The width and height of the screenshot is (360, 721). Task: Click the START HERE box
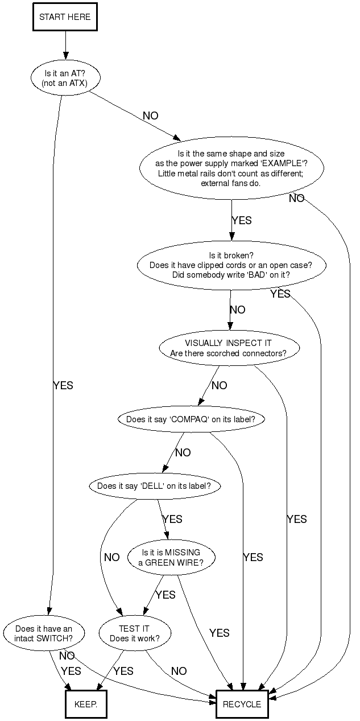[64, 17]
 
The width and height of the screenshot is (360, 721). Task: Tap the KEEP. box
[86, 704]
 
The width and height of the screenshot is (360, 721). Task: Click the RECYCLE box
[242, 704]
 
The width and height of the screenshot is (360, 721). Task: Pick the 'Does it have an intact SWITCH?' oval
[44, 633]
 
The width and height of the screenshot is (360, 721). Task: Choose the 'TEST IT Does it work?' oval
[135, 633]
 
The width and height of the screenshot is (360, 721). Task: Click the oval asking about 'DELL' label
[154, 486]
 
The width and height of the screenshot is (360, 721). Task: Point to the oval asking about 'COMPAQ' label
[191, 419]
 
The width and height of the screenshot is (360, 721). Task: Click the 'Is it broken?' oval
[231, 265]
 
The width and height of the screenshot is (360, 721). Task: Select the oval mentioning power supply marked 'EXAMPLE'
[231, 168]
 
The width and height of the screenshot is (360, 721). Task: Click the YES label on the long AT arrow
[63, 386]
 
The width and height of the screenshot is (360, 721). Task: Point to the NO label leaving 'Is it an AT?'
[151, 116]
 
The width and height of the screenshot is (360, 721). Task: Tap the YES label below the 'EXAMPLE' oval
[242, 221]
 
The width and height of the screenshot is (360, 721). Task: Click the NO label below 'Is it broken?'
[238, 310]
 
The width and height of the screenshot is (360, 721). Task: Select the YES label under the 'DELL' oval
[172, 520]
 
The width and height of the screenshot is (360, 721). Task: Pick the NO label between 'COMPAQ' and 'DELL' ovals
[183, 453]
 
